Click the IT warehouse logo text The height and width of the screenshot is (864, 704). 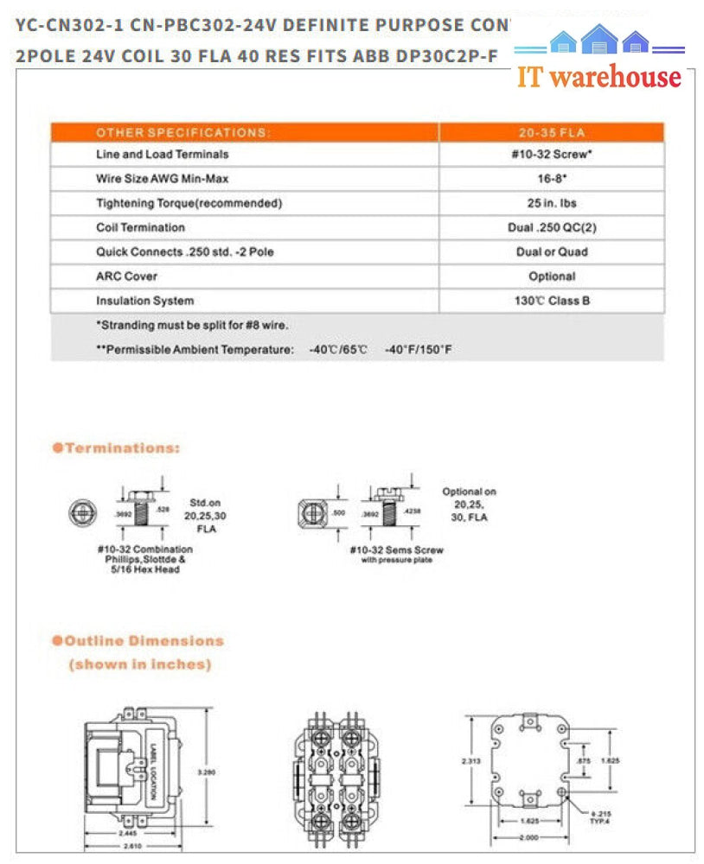[x=599, y=76]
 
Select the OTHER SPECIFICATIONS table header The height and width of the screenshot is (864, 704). [x=183, y=133]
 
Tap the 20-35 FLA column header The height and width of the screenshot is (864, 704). [x=552, y=133]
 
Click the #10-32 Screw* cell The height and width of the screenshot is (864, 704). [x=552, y=155]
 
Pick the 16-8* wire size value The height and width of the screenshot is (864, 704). [x=552, y=179]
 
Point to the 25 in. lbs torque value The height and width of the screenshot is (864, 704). [x=552, y=203]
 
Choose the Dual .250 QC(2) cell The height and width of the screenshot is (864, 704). [x=552, y=227]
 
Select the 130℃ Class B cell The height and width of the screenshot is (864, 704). [x=552, y=301]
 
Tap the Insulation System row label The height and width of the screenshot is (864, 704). [x=144, y=301]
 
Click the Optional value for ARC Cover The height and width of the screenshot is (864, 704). [x=552, y=276]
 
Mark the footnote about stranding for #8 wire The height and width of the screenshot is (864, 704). [x=191, y=326]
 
